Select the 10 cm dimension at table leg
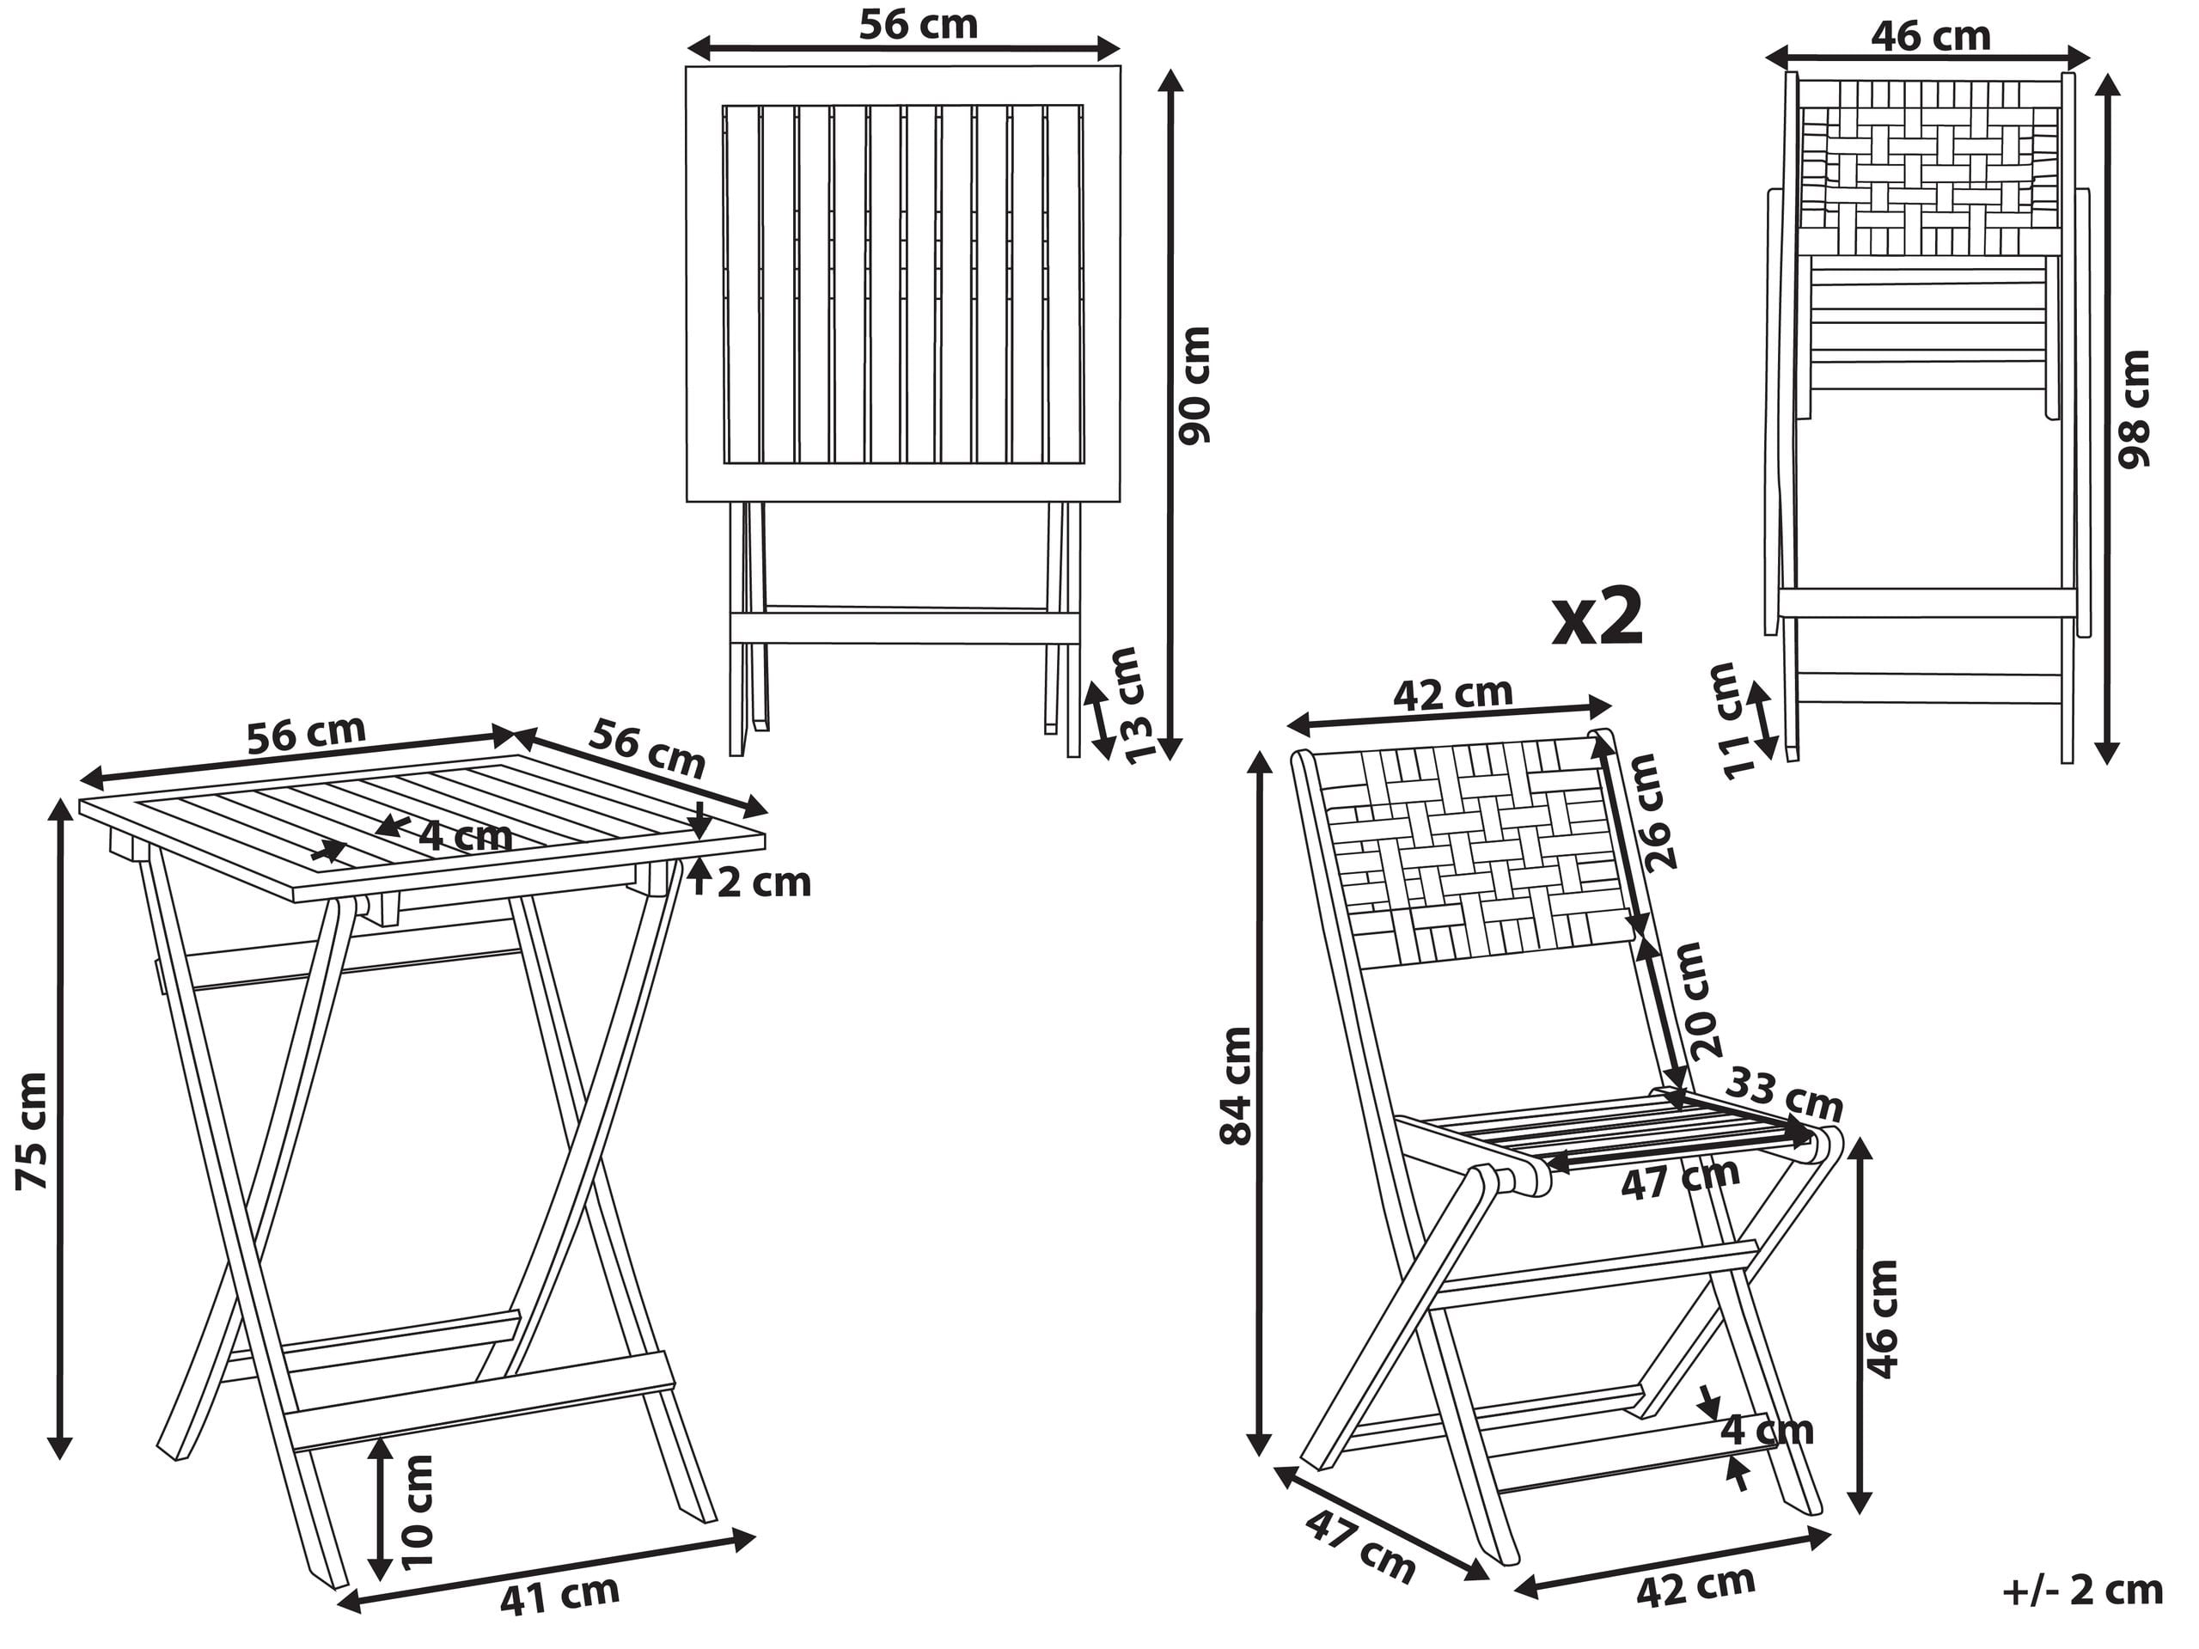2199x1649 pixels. click(x=419, y=1511)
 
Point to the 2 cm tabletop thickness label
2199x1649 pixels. click(x=763, y=883)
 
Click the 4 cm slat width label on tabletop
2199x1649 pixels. click(x=464, y=836)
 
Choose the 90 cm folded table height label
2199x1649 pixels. click(x=1193, y=385)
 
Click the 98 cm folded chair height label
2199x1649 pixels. click(x=2134, y=408)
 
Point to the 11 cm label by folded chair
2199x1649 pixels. click(x=1732, y=721)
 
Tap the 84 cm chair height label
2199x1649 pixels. click(x=1236, y=1086)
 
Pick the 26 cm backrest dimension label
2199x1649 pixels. click(x=1661, y=812)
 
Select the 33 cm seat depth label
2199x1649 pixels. click(x=1783, y=1095)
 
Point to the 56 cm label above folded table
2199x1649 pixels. click(x=918, y=26)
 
